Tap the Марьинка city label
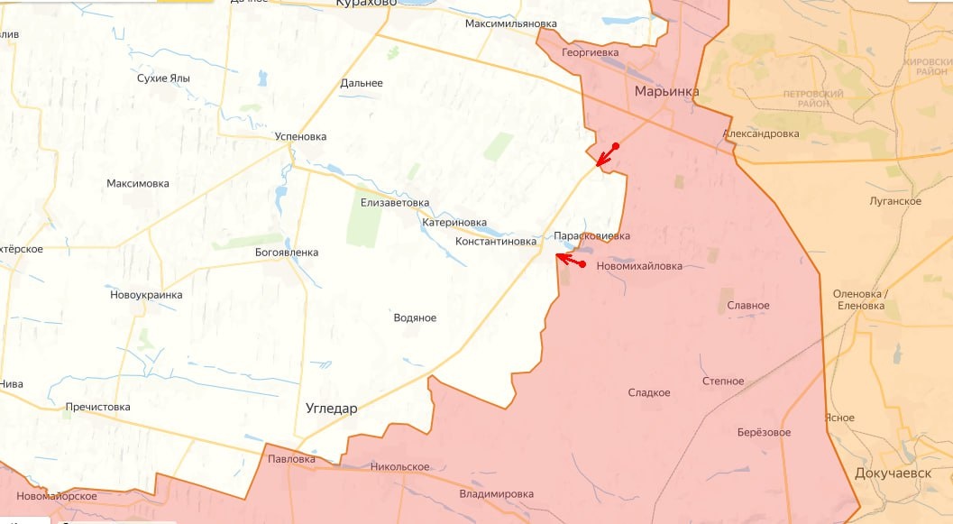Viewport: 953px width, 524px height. [666, 91]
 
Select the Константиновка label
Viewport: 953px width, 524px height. [495, 242]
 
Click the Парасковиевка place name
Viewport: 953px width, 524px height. [591, 236]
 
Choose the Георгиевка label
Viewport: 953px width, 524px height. [590, 53]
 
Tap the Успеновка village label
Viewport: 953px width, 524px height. [300, 137]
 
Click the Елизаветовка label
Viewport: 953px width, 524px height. [395, 203]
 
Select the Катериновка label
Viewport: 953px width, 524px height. [454, 223]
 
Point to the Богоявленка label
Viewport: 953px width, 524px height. [287, 253]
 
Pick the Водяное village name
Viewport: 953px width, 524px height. [415, 318]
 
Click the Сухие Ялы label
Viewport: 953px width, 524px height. [163, 78]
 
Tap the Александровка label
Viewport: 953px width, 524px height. [760, 134]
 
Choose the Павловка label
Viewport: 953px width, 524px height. [292, 460]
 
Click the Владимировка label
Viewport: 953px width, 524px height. [496, 494]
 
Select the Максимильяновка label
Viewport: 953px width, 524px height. [511, 23]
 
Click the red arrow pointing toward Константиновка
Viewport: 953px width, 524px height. [569, 261]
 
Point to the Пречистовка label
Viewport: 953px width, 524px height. [97, 408]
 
